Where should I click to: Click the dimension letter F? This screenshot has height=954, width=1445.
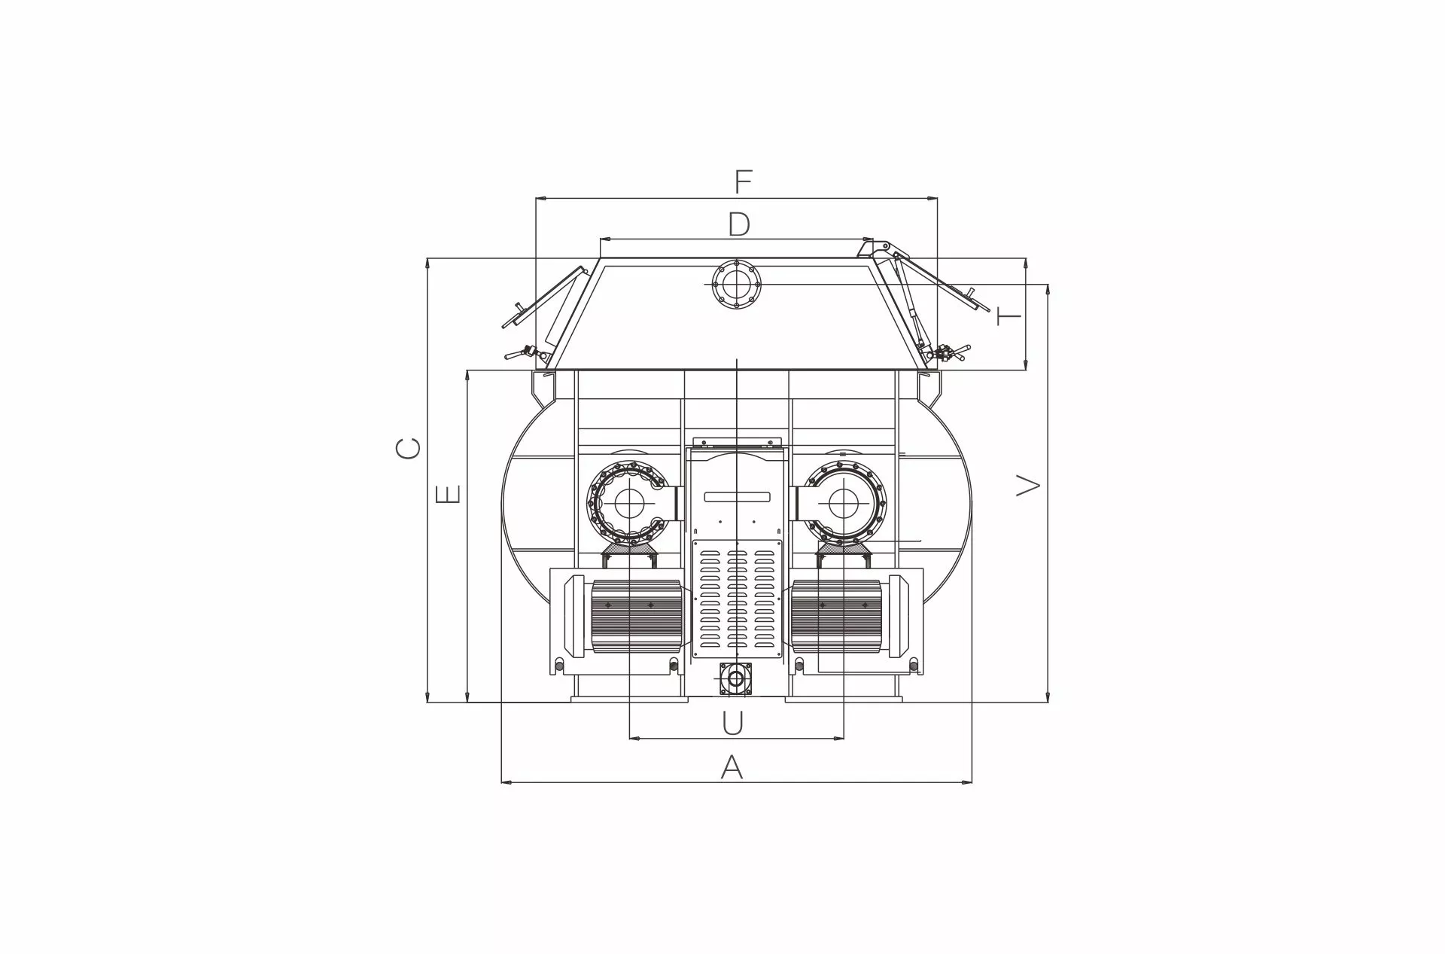(x=743, y=181)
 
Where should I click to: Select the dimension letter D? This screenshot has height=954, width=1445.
(x=739, y=224)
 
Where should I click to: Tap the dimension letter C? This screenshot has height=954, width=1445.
(x=409, y=449)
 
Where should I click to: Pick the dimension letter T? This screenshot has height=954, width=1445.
(x=1008, y=315)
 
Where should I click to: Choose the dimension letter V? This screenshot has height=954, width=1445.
(x=1028, y=485)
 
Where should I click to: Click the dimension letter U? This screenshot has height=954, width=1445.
(x=732, y=723)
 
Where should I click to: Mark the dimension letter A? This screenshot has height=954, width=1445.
(x=732, y=767)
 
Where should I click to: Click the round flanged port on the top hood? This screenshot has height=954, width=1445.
(x=737, y=284)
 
